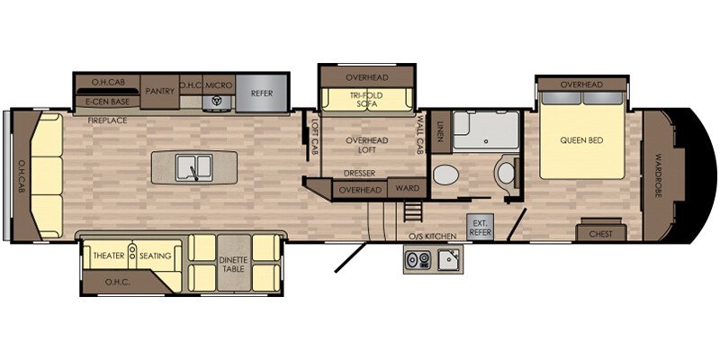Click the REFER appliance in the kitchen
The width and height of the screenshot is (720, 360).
[262, 94]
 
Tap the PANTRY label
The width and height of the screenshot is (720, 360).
[160, 92]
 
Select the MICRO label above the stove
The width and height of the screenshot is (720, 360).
[219, 85]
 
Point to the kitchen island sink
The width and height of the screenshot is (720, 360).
[194, 166]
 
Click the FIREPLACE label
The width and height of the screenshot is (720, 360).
[107, 121]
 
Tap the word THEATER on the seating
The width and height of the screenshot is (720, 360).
[109, 256]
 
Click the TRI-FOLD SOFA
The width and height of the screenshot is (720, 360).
[366, 99]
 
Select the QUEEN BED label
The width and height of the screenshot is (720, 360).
[581, 140]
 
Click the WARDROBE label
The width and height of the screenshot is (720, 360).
[660, 175]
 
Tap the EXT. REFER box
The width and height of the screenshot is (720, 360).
[480, 227]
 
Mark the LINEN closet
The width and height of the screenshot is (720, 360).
[441, 132]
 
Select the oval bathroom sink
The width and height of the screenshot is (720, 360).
[445, 175]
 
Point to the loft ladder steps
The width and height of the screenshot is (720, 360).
[413, 211]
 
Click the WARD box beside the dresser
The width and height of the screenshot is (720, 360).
[408, 188]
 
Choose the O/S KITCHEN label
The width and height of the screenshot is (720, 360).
[433, 236]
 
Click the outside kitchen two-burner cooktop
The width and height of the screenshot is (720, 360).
[418, 259]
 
